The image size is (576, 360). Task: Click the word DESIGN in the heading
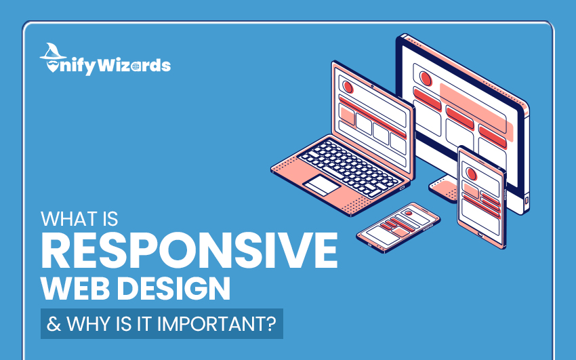pyautogui.click(x=173, y=288)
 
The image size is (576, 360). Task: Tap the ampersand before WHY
pyautogui.click(x=54, y=324)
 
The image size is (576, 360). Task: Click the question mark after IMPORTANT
pyautogui.click(x=270, y=323)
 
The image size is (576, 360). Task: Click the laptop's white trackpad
pyautogui.click(x=321, y=185)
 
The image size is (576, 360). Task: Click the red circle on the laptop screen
pyautogui.click(x=348, y=87)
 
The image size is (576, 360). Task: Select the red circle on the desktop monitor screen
pyautogui.click(x=426, y=79)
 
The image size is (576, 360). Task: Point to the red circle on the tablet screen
pyautogui.click(x=472, y=174)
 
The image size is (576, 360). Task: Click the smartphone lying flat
pyautogui.click(x=398, y=227)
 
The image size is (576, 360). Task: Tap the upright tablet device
pyautogui.click(x=482, y=197)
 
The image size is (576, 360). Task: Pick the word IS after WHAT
pyautogui.click(x=110, y=219)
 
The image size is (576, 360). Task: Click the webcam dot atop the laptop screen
pyautogui.click(x=372, y=86)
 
